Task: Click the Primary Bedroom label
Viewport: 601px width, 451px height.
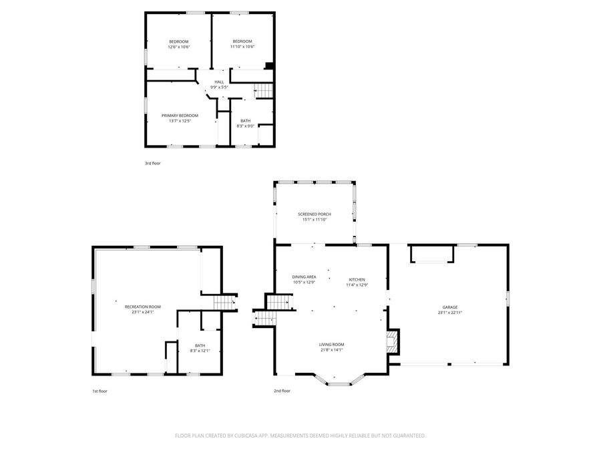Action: point(180,116)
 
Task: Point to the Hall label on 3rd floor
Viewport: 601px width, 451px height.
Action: point(219,82)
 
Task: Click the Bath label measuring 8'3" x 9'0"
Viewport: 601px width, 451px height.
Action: point(246,121)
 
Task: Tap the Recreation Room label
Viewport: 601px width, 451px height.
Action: point(143,307)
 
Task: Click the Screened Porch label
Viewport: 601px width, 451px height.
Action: point(314,214)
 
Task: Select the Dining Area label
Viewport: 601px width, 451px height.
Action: point(304,277)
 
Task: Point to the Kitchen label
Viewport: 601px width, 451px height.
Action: point(357,279)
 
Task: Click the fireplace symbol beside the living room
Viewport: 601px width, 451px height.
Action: point(393,341)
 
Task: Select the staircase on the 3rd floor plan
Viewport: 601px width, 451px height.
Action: point(265,92)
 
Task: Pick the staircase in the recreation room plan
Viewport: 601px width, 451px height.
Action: point(224,303)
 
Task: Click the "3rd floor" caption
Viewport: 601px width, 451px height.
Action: point(153,163)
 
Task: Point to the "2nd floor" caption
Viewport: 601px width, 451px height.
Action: point(282,391)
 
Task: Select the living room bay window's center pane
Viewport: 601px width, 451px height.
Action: point(341,384)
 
